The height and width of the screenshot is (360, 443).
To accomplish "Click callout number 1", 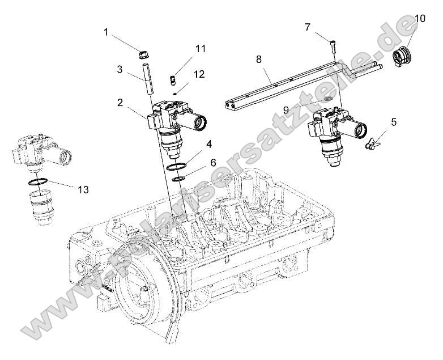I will [106, 32].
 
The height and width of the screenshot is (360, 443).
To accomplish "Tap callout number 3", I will [120, 69].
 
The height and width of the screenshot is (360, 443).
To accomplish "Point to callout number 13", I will [83, 190].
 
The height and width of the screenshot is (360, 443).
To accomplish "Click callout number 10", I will [420, 19].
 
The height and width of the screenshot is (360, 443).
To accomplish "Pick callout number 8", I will [258, 59].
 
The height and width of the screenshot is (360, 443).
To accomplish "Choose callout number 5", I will [394, 121].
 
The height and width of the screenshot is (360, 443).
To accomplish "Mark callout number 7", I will [308, 27].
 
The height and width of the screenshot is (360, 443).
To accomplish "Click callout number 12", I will [199, 74].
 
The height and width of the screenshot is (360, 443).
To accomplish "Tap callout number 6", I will [213, 162].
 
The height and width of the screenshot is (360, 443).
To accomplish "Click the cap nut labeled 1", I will [143, 55].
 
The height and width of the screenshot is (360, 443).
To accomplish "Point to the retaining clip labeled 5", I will [372, 142].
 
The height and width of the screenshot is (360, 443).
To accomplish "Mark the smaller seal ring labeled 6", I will [178, 179].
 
